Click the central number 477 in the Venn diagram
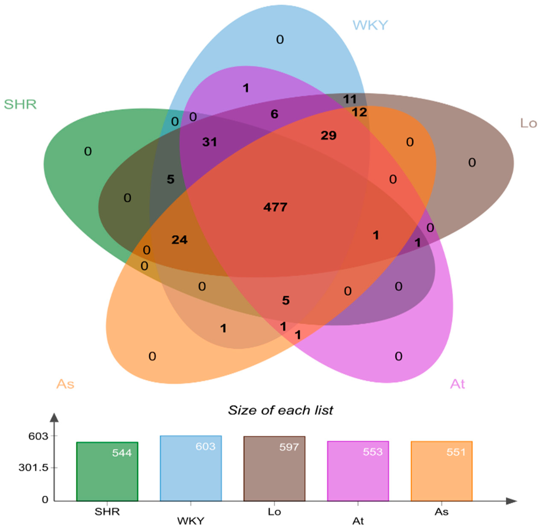[x=275, y=207]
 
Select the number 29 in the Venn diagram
[x=329, y=136]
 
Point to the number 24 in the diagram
[x=179, y=240]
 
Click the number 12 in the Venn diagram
[x=359, y=112]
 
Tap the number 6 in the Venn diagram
[x=274, y=114]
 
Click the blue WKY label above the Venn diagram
[x=370, y=25]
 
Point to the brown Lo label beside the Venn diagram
[x=529, y=123]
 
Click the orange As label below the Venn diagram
[x=65, y=384]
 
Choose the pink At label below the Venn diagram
[x=458, y=384]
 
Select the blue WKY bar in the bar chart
[x=191, y=468]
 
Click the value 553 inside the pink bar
[x=373, y=452]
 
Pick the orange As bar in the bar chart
[x=442, y=471]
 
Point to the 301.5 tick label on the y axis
[x=33, y=468]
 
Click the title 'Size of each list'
[x=280, y=410]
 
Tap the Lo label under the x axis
[x=274, y=512]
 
